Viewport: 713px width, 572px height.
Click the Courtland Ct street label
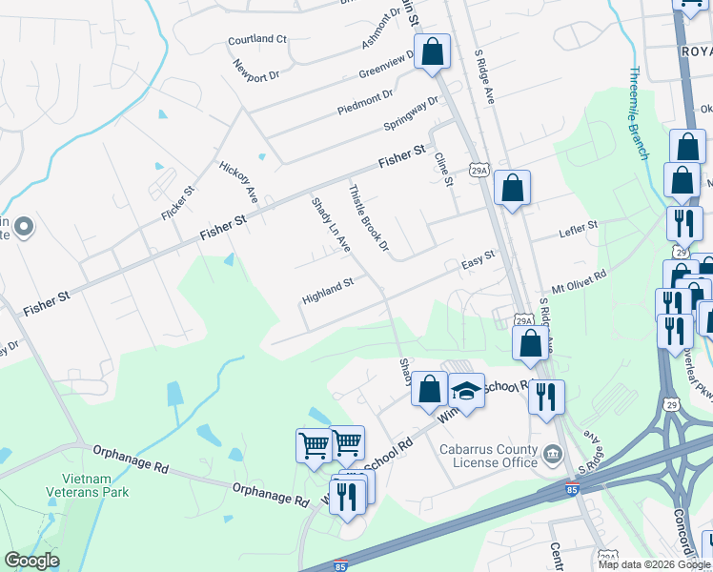click(257, 40)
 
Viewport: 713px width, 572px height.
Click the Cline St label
click(442, 170)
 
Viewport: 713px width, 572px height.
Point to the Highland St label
click(328, 290)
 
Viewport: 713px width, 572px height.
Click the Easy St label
click(479, 258)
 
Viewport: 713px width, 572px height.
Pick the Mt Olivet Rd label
click(579, 281)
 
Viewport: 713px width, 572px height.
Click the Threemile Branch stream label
click(639, 112)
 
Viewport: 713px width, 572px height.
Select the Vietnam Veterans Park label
click(87, 484)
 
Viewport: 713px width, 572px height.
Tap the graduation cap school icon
click(467, 391)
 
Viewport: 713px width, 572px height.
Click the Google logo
click(32, 561)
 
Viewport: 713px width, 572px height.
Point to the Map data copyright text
click(653, 563)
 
